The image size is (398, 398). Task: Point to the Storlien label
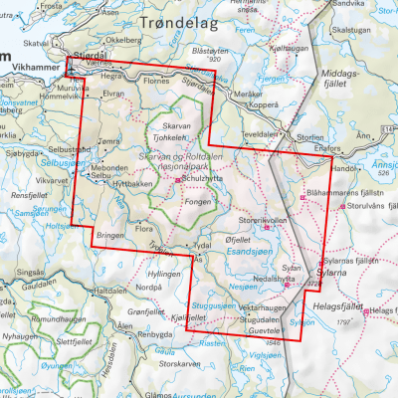(307, 139)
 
